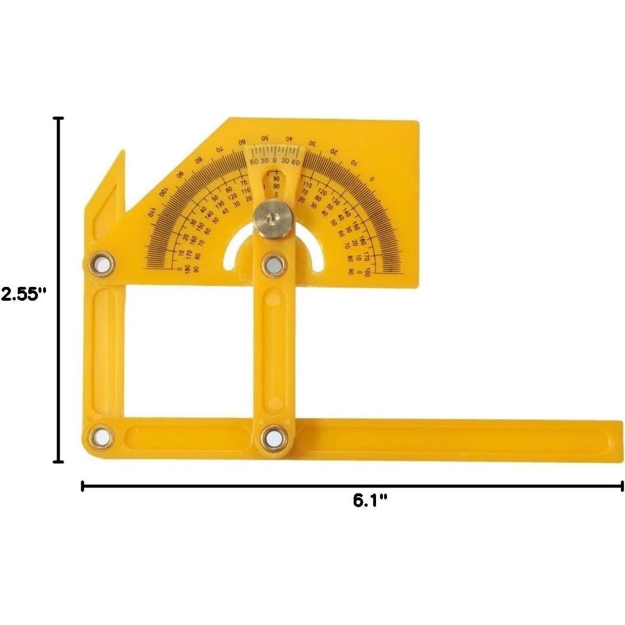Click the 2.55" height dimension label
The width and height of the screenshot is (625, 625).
[23, 294]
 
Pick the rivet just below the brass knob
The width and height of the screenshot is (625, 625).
[274, 264]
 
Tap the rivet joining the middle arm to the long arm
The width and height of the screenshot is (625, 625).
[274, 437]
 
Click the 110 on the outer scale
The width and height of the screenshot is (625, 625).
[151, 212]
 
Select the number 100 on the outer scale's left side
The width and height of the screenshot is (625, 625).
[163, 191]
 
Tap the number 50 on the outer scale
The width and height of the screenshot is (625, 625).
[264, 139]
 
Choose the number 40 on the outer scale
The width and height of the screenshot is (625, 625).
[289, 139]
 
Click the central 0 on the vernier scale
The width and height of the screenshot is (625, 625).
[274, 160]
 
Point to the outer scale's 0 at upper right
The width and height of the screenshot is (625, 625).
[372, 179]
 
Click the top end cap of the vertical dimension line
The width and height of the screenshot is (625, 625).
[57, 118]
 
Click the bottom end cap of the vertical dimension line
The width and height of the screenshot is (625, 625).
[57, 461]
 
